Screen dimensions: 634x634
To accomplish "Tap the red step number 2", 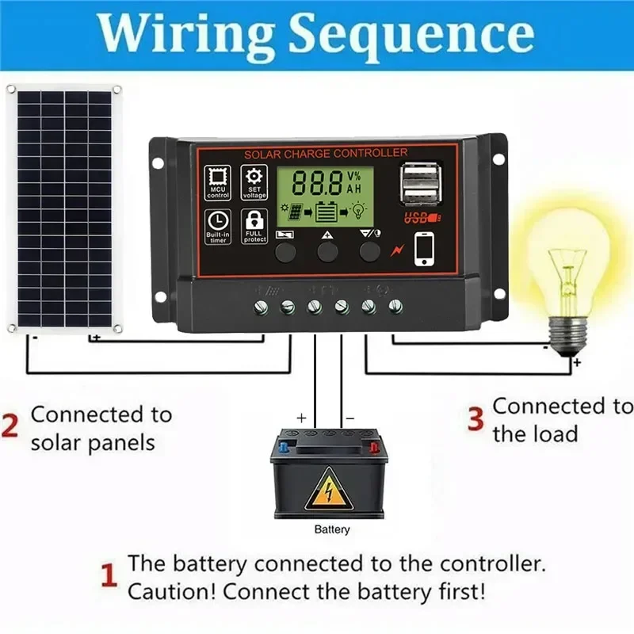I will tap(10, 427).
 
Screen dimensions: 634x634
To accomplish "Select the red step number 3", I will tap(475, 419).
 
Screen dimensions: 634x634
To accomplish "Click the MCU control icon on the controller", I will tap(217, 182).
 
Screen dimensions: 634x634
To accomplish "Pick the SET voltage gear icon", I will tap(254, 182).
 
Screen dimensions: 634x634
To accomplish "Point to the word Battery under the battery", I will tap(331, 529).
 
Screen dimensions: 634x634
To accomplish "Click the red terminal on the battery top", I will tap(373, 447).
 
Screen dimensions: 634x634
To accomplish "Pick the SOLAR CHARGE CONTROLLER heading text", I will tap(326, 153).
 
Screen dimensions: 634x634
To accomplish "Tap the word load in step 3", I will tap(552, 433).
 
